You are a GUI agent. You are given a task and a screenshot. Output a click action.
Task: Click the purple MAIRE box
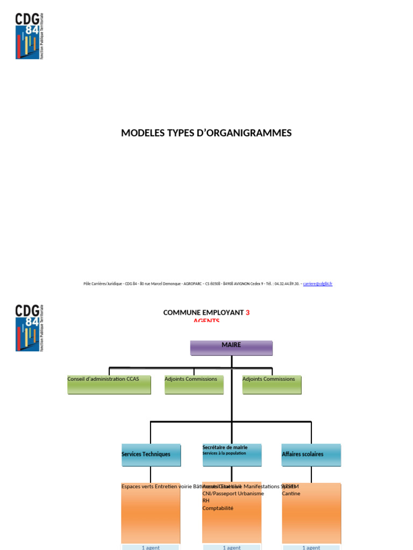(231, 348)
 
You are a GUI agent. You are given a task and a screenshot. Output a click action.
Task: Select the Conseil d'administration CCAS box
(109, 385)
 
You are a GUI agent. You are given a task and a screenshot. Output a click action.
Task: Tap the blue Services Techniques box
(150, 454)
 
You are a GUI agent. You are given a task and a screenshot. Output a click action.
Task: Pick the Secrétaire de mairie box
(232, 454)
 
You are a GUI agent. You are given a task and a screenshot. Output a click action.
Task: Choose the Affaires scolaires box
(311, 454)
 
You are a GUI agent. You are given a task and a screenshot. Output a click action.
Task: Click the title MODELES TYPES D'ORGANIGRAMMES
(206, 133)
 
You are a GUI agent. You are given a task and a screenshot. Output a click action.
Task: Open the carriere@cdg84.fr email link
(318, 284)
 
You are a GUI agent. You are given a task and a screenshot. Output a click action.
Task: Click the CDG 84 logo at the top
(29, 36)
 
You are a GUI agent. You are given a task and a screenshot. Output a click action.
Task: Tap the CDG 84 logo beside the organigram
(29, 328)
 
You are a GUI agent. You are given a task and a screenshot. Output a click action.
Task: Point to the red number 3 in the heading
(248, 313)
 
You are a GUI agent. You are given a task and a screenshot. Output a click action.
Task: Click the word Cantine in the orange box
(291, 494)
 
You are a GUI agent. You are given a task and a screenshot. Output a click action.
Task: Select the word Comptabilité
(218, 508)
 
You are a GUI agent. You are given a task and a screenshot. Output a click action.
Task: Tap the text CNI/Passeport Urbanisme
(233, 494)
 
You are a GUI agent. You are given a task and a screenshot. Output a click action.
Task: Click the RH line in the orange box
(206, 501)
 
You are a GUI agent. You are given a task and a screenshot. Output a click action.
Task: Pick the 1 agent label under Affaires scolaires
(311, 547)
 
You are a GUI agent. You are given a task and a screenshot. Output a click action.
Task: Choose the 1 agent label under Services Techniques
(151, 547)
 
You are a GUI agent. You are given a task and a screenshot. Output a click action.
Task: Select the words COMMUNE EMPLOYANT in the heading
(204, 313)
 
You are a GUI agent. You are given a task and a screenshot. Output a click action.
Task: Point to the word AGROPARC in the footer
(193, 284)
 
